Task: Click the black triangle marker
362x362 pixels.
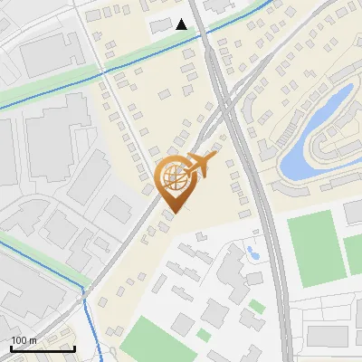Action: click(182, 24)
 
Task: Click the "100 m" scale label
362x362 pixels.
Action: click(24, 339)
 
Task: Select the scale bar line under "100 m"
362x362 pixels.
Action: click(43, 348)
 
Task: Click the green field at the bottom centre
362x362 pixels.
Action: click(149, 339)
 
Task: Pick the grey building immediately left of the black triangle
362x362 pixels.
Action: click(162, 22)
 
